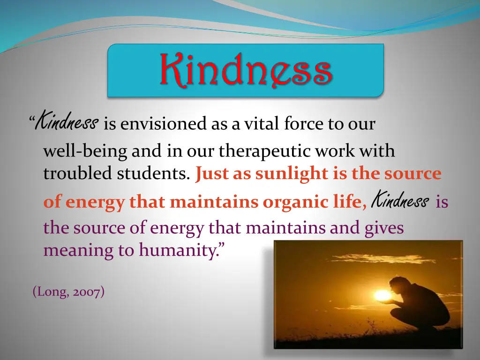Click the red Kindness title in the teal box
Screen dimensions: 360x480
[x=246, y=70]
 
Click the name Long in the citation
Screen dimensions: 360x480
[x=48, y=292]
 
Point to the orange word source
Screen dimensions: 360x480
[x=413, y=173]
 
